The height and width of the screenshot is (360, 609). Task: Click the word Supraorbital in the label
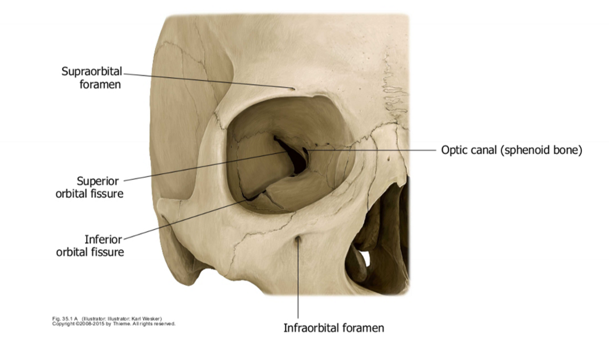(x=92, y=71)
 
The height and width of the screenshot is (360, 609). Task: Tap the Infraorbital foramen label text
(x=334, y=328)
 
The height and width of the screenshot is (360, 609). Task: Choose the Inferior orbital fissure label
(x=90, y=246)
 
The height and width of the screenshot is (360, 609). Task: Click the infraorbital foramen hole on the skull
(x=298, y=242)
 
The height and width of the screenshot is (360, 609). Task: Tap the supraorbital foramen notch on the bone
(x=293, y=89)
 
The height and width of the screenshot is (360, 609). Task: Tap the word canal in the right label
(x=482, y=151)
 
